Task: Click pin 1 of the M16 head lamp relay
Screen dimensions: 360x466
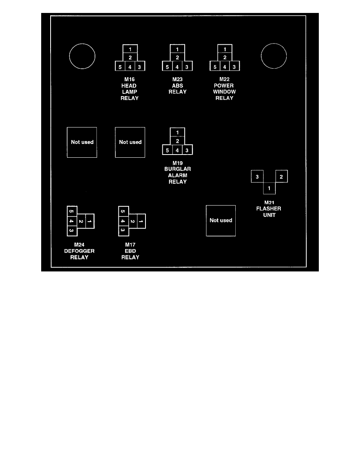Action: tap(130, 49)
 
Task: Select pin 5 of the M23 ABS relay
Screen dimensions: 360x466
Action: tap(167, 67)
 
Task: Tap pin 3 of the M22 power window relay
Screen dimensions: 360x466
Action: tap(235, 67)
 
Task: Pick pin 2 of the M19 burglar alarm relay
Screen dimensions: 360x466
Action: tap(177, 141)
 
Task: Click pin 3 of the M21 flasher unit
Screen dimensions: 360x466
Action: tap(257, 177)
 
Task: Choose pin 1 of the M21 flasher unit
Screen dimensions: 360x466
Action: tap(269, 189)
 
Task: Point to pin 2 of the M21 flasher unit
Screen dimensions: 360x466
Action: tap(281, 177)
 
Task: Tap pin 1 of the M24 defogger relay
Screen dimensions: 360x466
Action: tap(90, 221)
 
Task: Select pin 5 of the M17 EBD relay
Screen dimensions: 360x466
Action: tap(123, 212)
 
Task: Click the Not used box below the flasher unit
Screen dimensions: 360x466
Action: tap(221, 220)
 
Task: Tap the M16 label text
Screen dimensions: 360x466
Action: tap(130, 79)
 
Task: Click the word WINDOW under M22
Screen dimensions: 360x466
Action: tap(224, 92)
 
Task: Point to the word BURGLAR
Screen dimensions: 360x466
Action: tap(177, 169)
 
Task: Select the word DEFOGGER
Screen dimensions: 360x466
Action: tap(79, 251)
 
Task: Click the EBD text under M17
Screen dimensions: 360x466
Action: tap(130, 251)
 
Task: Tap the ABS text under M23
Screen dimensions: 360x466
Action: tap(177, 86)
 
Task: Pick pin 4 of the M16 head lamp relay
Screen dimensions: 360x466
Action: tap(130, 67)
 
